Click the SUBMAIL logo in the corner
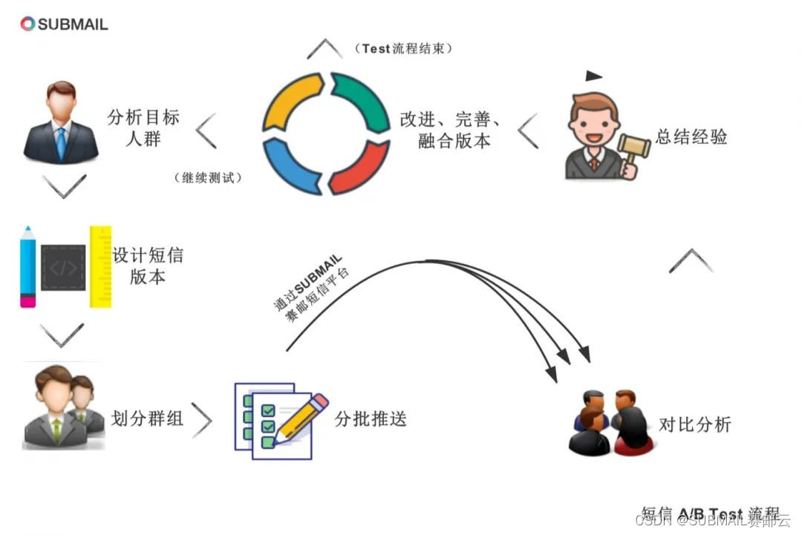64,24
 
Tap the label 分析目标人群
143,128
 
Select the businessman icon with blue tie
60,122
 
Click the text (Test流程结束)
404,49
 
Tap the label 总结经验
691,137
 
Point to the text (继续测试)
209,178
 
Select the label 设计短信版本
148,266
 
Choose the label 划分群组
147,419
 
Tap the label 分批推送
371,419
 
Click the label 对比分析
695,424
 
